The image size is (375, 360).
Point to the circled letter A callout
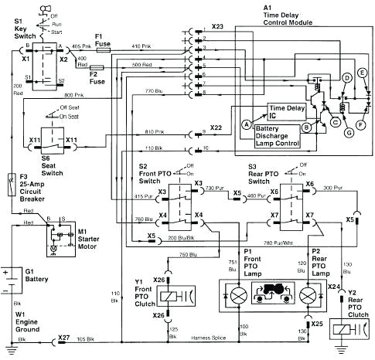(x=246, y=124)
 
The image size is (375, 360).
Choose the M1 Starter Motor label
(x=84, y=235)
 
